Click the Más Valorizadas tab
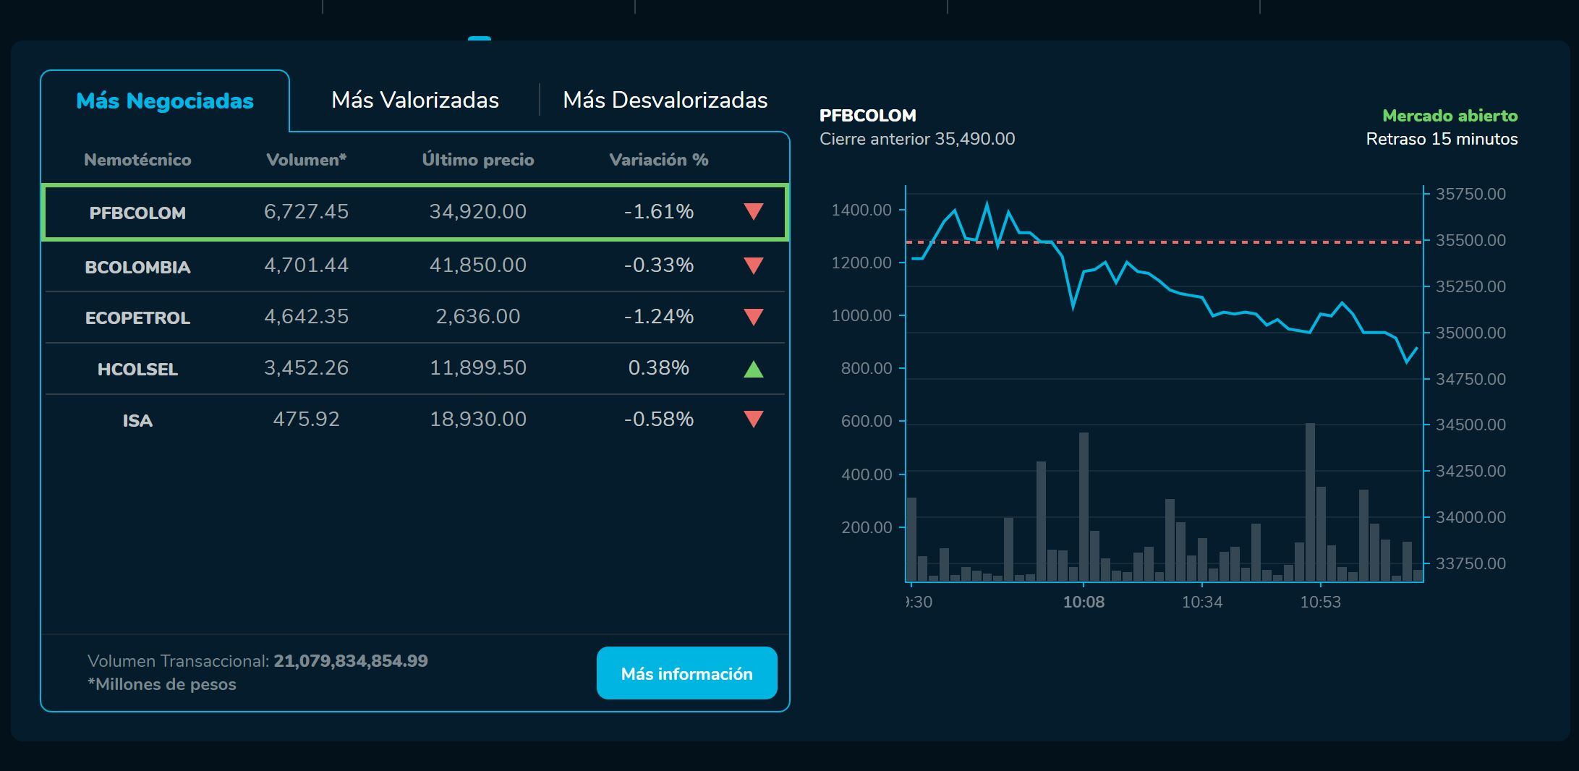pyautogui.click(x=414, y=100)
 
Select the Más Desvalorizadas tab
pyautogui.click(x=665, y=100)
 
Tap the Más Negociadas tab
pyautogui.click(x=165, y=101)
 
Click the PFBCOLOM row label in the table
pyautogui.click(x=137, y=213)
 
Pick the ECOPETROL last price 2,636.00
pyautogui.click(x=477, y=316)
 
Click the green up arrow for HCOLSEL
pyautogui.click(x=754, y=369)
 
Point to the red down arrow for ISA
pyautogui.click(x=754, y=419)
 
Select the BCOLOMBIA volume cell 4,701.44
pyautogui.click(x=306, y=265)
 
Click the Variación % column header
pyautogui.click(x=658, y=160)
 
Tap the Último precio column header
pyautogui.click(x=477, y=160)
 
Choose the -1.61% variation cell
pyautogui.click(x=658, y=211)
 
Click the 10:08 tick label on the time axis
pyautogui.click(x=1084, y=602)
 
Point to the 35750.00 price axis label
pyautogui.click(x=1471, y=194)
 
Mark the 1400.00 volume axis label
pyautogui.click(x=861, y=210)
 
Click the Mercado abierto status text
pyautogui.click(x=1450, y=116)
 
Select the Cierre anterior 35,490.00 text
pyautogui.click(x=917, y=139)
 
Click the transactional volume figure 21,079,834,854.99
pyautogui.click(x=351, y=661)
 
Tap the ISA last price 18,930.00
pyautogui.click(x=477, y=419)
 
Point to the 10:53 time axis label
pyautogui.click(x=1320, y=602)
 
